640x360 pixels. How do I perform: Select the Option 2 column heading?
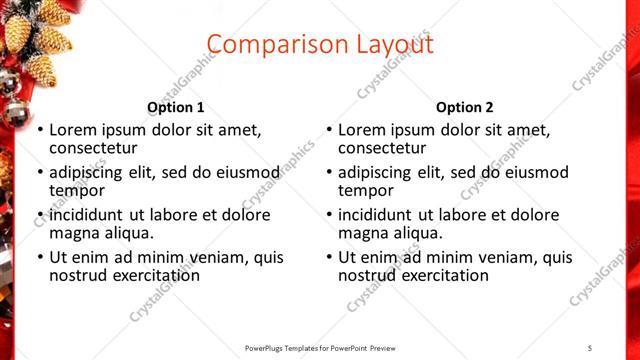click(464, 107)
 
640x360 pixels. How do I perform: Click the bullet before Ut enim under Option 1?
click(40, 257)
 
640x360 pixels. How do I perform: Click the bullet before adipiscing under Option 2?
click(329, 172)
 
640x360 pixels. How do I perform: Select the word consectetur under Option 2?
click(382, 148)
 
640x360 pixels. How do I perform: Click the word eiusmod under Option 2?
click(538, 172)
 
